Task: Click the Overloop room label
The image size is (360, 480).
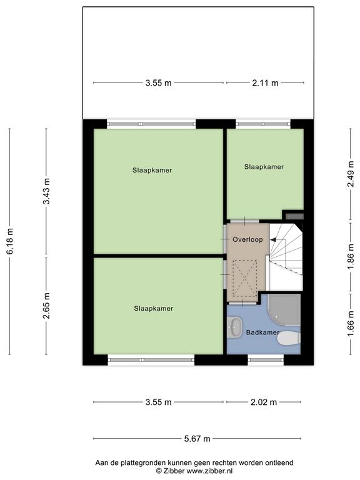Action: click(247, 239)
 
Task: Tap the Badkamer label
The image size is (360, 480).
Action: click(262, 332)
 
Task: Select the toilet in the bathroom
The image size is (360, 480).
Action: click(289, 339)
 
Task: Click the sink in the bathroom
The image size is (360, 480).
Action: click(235, 327)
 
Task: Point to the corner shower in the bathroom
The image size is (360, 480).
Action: click(284, 310)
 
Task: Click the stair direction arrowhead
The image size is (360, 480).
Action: click(273, 240)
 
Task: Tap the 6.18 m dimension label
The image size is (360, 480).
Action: click(10, 241)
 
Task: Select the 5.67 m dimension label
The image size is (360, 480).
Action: click(197, 439)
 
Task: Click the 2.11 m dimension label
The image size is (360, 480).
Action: click(265, 82)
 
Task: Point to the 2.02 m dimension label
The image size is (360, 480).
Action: click(264, 402)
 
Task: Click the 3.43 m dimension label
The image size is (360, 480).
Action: click(46, 191)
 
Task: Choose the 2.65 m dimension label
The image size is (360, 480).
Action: click(46, 306)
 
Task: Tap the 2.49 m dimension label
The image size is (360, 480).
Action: click(351, 174)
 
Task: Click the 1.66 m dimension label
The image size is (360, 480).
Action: click(351, 324)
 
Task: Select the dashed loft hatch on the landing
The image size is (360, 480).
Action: click(244, 278)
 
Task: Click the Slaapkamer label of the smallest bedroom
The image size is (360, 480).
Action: click(264, 167)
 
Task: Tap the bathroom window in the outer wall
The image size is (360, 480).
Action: click(266, 360)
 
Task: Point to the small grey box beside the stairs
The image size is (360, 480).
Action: click(294, 216)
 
